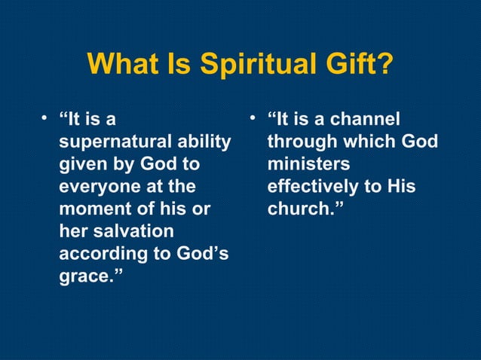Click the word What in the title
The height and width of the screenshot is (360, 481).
click(x=123, y=64)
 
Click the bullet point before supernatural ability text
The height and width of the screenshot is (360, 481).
click(x=46, y=117)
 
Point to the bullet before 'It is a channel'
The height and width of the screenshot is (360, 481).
click(x=254, y=117)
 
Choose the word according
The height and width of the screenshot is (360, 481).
click(x=102, y=254)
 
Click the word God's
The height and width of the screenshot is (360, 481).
click(x=201, y=254)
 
